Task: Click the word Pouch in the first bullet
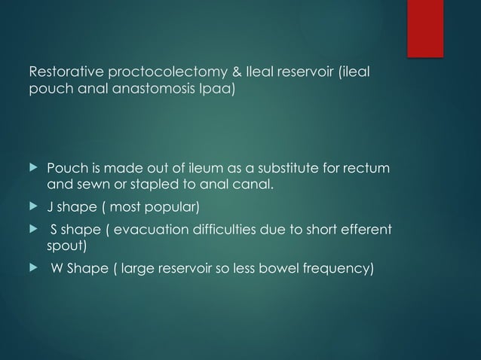pyautogui.click(x=65, y=166)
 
